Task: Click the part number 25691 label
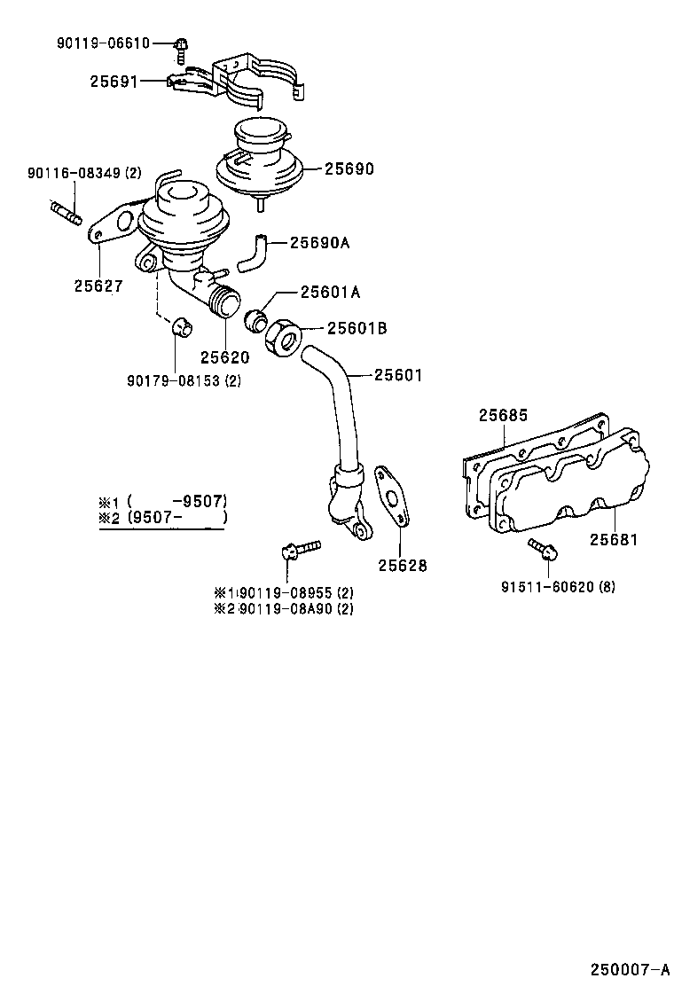pos(114,82)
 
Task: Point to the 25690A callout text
pos(321,241)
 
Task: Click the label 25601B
pos(357,328)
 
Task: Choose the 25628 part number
pos(403,565)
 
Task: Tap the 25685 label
pos(503,414)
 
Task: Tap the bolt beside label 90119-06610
pos(181,47)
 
